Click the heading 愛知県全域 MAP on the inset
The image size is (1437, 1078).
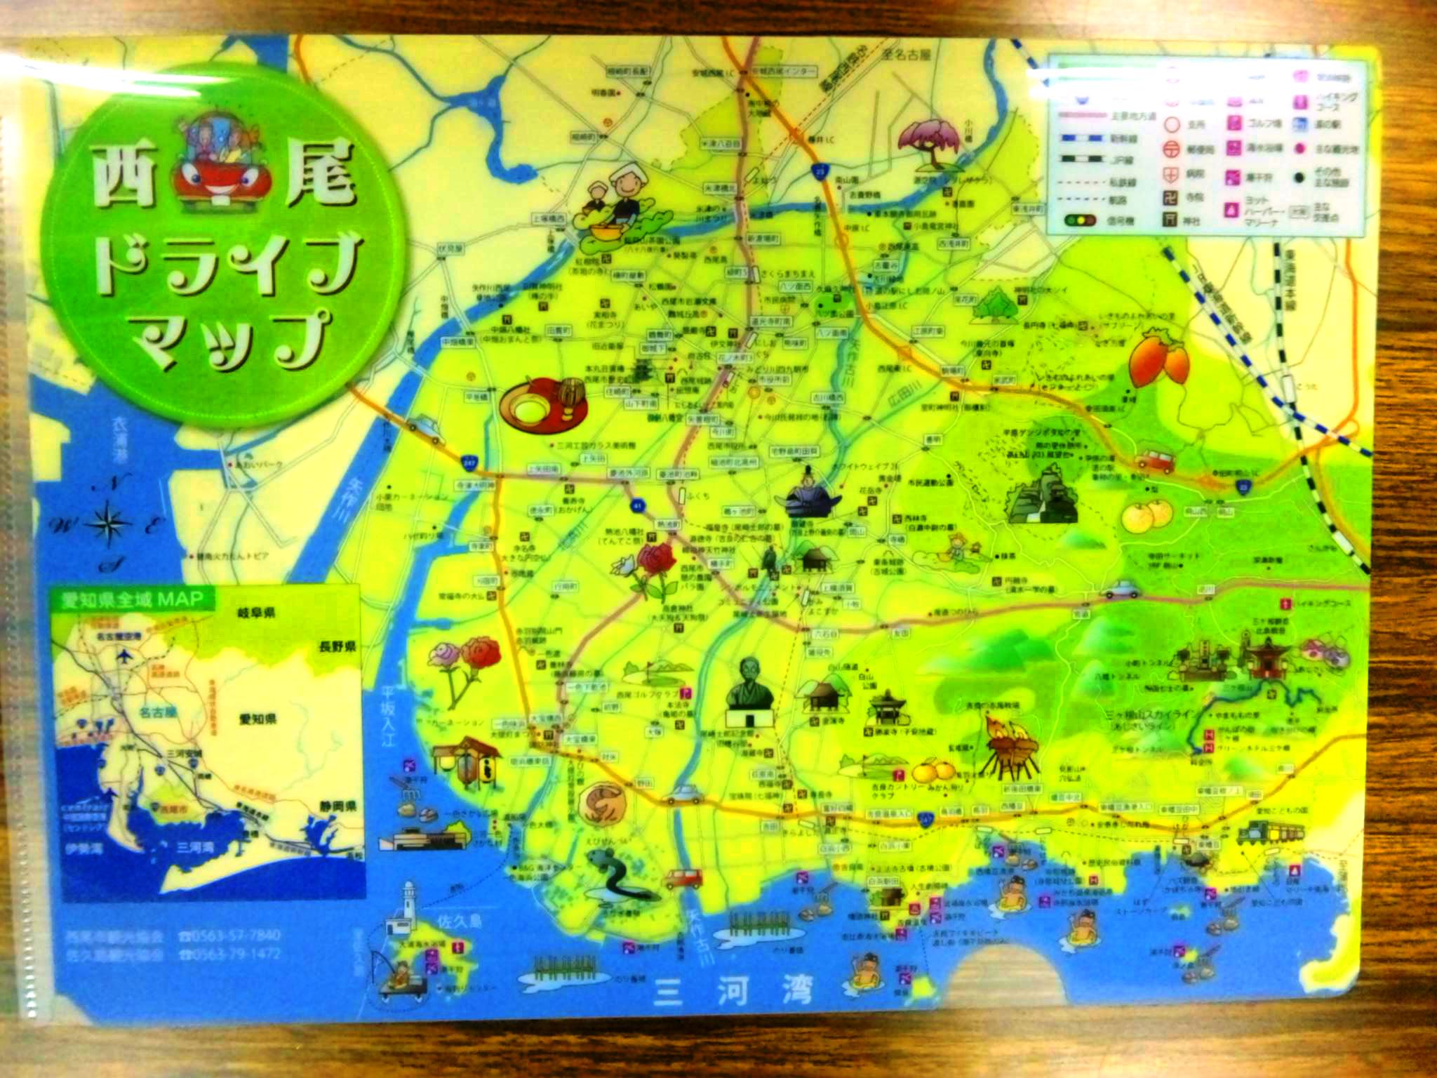point(132,599)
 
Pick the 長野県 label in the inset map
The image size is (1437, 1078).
point(336,646)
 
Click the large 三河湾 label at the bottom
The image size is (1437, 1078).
point(733,992)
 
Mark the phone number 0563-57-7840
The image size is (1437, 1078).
point(232,936)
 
